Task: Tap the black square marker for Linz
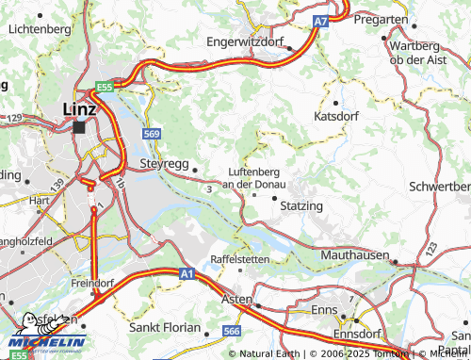pos(80,125)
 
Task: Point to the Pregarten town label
pos(410,19)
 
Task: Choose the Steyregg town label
pos(164,162)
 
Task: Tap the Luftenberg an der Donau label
pos(259,178)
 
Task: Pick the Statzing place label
pos(301,205)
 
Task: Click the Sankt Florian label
pos(164,329)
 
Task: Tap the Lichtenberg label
pos(39,29)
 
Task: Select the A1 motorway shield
pos(185,273)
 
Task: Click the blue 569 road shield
pos(152,134)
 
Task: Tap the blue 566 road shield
pos(231,332)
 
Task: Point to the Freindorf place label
pos(92,282)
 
